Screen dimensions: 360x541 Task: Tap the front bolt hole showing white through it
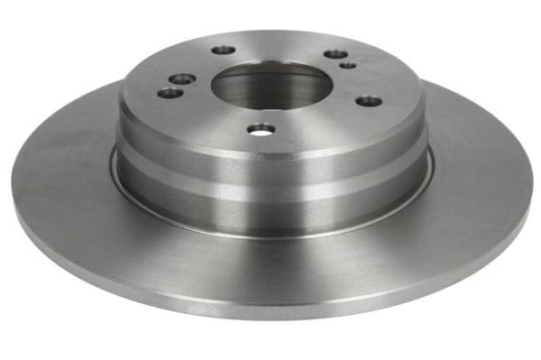point(261,129)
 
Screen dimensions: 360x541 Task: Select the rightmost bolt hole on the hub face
point(369,100)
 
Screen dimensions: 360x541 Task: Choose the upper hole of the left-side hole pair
point(184,79)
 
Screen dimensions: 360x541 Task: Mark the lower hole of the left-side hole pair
point(168,92)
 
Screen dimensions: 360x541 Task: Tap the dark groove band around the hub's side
point(270,178)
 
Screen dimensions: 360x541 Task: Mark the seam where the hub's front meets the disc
point(270,234)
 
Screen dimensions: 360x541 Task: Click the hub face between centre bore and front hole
point(264,114)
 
